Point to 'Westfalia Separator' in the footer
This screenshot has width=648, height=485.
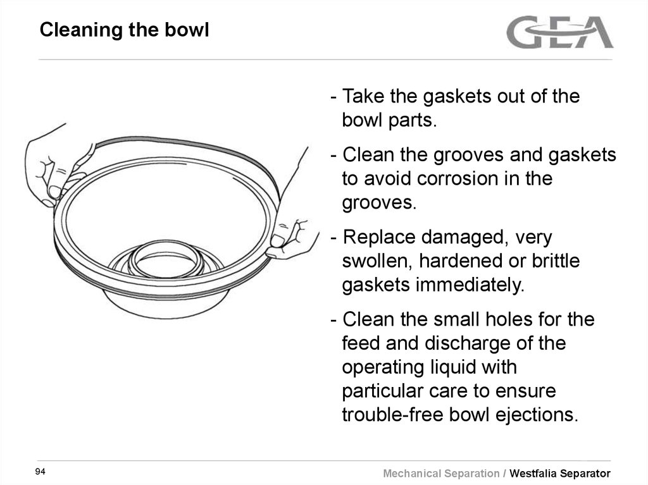click(560, 473)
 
